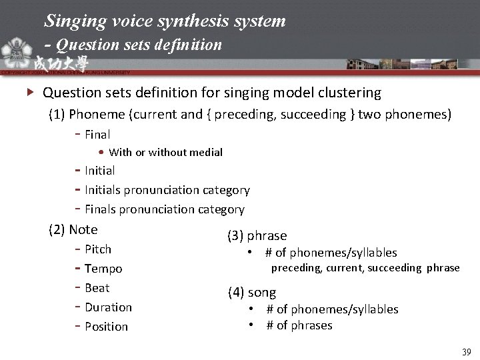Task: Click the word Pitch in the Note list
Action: pos(98,249)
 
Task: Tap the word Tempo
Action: pos(103,269)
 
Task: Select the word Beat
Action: pos(97,288)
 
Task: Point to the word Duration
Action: pos(108,307)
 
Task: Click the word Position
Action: pos(106,327)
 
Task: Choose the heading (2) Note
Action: pos(73,230)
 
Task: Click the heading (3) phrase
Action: pos(257,236)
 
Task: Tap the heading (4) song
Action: pos(252,293)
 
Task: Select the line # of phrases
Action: pos(299,325)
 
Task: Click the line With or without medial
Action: pos(165,153)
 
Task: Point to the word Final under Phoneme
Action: pos(97,135)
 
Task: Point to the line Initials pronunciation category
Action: pos(167,191)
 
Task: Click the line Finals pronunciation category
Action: pos(164,210)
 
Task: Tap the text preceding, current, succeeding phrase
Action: pos(365,268)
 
